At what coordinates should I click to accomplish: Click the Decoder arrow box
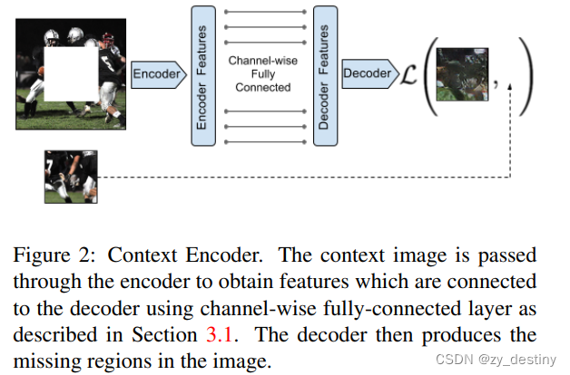point(368,72)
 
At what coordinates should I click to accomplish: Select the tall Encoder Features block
point(202,73)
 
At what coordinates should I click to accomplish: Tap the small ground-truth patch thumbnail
point(71,178)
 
